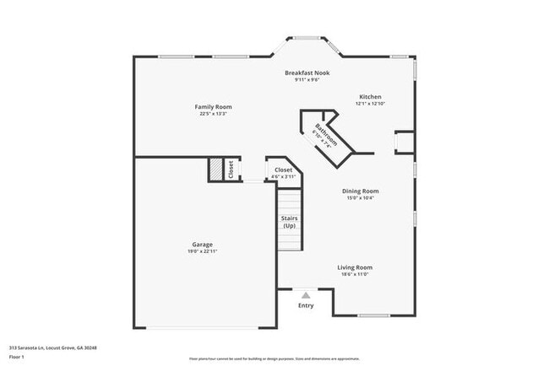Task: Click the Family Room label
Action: [x=213, y=107]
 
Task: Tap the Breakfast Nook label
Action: [x=307, y=73]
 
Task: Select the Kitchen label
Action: [x=371, y=96]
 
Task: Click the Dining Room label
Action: [x=360, y=191]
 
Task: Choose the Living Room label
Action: [x=355, y=267]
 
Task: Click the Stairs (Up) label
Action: [x=289, y=223]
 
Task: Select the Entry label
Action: [x=306, y=305]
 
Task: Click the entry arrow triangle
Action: [x=306, y=295]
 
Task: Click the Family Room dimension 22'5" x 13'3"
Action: [x=213, y=114]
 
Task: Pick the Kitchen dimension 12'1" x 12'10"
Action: [x=371, y=103]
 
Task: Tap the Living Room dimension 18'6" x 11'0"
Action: [x=355, y=274]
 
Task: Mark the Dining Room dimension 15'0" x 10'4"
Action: [x=360, y=198]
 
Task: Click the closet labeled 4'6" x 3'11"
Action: [x=284, y=172]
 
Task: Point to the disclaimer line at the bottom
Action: [x=274, y=358]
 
